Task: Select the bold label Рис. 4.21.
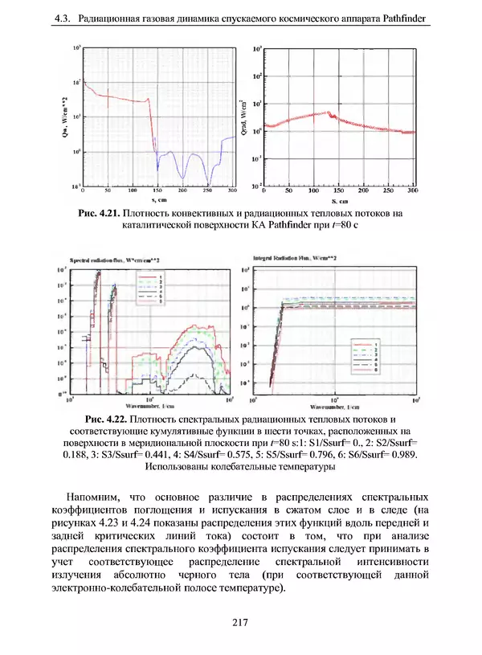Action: [101, 213]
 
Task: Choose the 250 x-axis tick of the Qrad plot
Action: [388, 193]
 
